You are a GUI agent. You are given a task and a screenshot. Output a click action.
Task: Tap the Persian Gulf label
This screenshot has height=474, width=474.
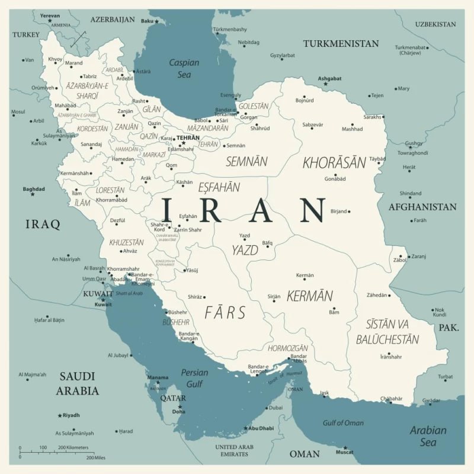tap(194, 377)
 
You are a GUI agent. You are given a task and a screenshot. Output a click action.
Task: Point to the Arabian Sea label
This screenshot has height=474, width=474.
tap(428, 436)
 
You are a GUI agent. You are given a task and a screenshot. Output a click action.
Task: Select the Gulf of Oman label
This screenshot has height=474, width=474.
tap(343, 422)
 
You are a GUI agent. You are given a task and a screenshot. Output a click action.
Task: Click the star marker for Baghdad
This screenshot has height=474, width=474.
tap(33, 194)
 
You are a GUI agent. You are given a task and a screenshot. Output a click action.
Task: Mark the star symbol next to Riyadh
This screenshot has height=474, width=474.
tap(60, 415)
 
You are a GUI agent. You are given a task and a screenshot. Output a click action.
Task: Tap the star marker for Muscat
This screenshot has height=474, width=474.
tap(345, 448)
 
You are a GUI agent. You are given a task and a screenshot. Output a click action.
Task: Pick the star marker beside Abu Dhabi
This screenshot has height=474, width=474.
tap(245, 428)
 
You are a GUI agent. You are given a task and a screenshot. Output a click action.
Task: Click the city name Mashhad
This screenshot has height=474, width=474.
tap(352, 129)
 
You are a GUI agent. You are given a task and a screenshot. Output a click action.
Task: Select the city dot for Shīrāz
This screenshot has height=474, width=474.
tap(206, 297)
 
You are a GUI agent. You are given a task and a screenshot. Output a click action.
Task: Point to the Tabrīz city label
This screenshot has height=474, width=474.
tap(89, 76)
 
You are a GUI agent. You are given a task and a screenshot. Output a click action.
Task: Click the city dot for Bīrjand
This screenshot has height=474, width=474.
tap(349, 212)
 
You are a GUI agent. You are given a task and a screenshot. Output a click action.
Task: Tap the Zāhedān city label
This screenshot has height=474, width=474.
tap(377, 295)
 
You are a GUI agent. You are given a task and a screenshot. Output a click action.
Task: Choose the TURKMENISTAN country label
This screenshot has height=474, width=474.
tap(341, 44)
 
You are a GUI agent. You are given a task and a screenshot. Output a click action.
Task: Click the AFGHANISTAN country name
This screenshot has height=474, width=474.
tap(422, 207)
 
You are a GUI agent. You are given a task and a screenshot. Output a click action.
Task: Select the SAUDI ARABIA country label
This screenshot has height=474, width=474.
tap(78, 383)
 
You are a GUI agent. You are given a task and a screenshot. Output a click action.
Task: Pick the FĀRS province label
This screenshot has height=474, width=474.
tap(225, 313)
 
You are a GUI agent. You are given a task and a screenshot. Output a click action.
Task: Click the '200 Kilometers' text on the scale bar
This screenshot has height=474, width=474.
tap(73, 447)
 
